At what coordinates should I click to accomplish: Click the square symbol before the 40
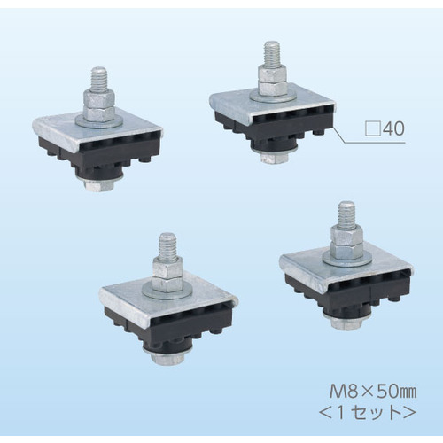[373, 128]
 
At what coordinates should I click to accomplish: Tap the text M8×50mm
[373, 392]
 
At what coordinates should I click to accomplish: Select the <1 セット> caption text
[368, 414]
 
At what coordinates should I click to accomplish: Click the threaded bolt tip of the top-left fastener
[98, 80]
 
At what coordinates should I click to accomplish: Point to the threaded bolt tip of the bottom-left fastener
[167, 245]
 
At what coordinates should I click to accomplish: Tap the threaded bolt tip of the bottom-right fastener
[346, 214]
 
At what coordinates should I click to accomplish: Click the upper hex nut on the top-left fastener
[98, 98]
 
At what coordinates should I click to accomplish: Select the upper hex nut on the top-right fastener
[272, 74]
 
